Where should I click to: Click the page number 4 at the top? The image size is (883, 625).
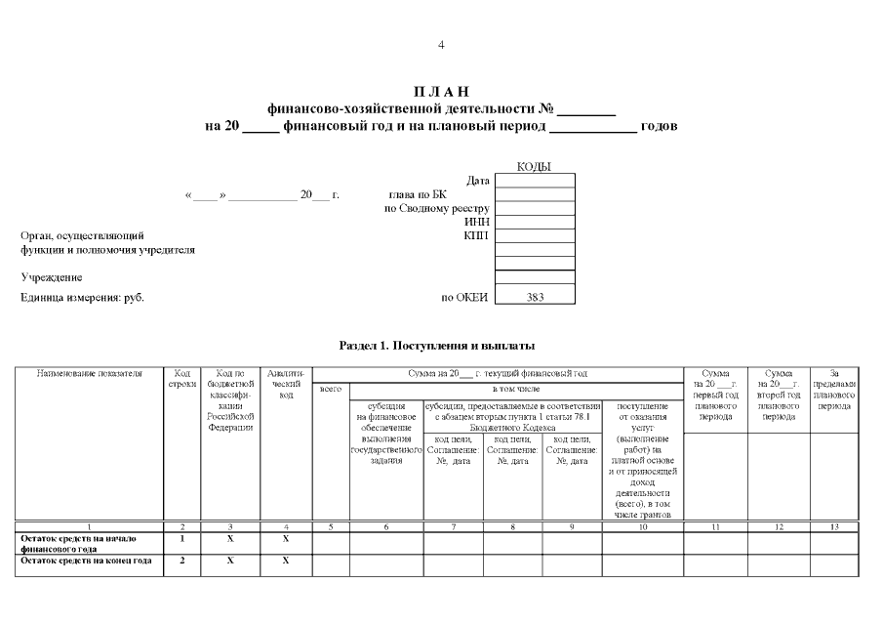coord(441,46)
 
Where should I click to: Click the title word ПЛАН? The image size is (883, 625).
coord(441,92)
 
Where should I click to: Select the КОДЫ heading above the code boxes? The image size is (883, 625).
coord(534,167)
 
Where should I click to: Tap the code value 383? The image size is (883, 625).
coord(535,297)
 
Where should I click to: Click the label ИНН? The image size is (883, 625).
coord(477,222)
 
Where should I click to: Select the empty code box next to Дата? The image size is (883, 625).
coord(535,181)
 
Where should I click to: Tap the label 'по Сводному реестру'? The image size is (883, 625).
coord(437,208)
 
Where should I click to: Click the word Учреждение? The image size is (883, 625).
coord(52,277)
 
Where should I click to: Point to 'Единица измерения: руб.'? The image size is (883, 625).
coord(82,297)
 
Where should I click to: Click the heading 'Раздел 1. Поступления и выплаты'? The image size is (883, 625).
coord(437,346)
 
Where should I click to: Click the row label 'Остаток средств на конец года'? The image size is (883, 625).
coord(86,561)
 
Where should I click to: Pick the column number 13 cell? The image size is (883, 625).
coord(834,526)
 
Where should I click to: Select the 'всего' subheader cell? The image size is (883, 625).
coord(331,390)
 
